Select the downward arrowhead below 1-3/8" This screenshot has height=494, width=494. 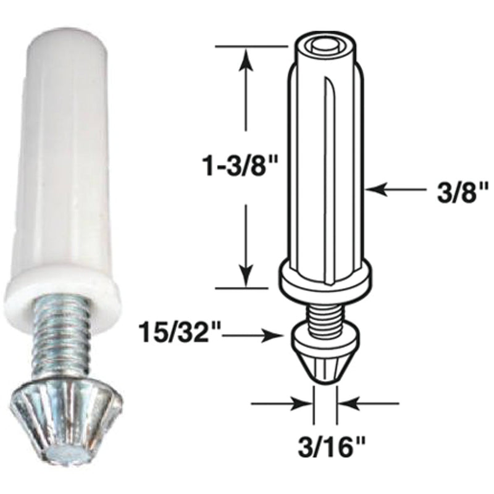point(246,276)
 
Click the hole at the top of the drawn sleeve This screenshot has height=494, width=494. point(324,44)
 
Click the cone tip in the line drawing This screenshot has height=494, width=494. point(325,358)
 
